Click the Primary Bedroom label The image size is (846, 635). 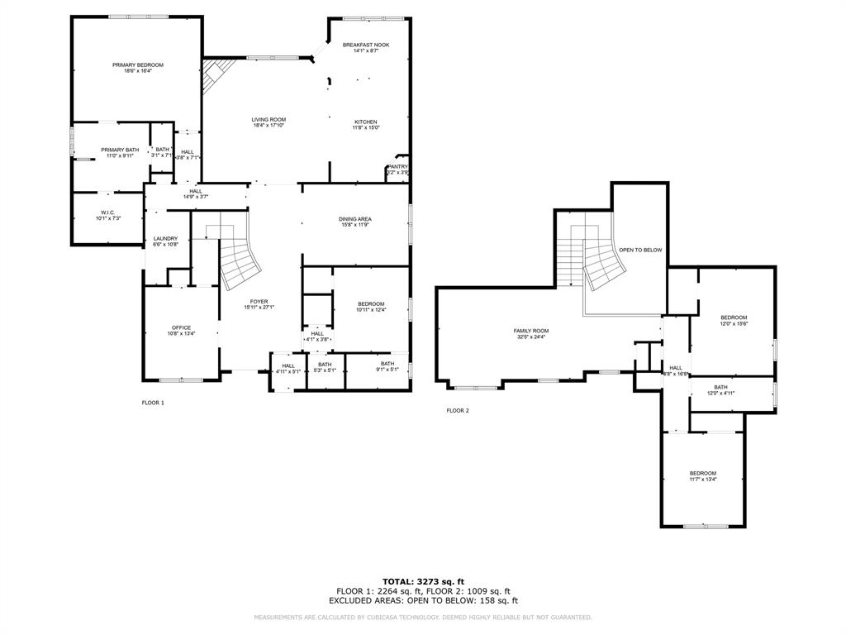(138, 64)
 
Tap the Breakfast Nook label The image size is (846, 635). (366, 45)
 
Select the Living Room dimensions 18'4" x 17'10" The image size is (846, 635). (269, 126)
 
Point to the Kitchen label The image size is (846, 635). (366, 122)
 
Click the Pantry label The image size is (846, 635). (397, 166)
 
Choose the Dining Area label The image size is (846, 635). (355, 219)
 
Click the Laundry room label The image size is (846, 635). (165, 239)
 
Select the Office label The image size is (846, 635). (181, 327)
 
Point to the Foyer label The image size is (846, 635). (259, 301)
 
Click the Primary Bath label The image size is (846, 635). (120, 150)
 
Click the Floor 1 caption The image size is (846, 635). (153, 403)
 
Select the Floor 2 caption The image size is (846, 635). (457, 410)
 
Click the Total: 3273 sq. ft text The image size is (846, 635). (423, 581)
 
